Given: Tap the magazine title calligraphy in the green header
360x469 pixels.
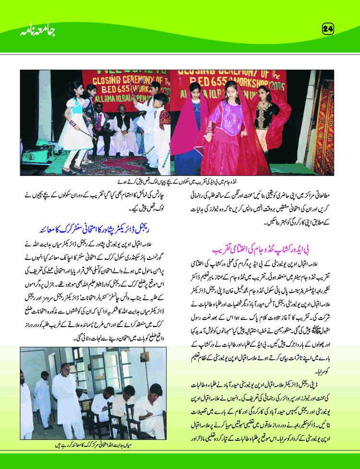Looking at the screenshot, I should (38, 31).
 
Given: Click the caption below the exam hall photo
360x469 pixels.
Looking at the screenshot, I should (94, 444).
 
